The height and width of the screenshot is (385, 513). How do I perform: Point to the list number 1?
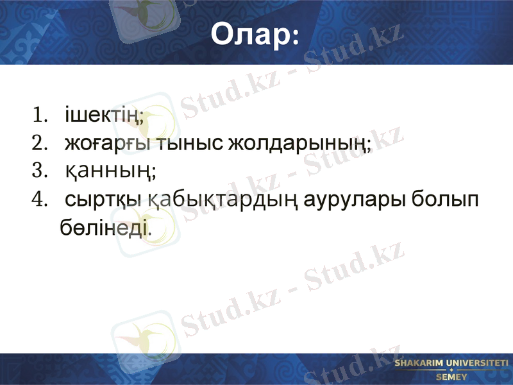coord(40,116)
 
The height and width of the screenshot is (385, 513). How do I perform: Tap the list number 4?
coord(40,200)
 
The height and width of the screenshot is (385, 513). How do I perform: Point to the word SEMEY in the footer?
coord(451,377)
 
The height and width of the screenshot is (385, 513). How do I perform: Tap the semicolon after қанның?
coord(154,173)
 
